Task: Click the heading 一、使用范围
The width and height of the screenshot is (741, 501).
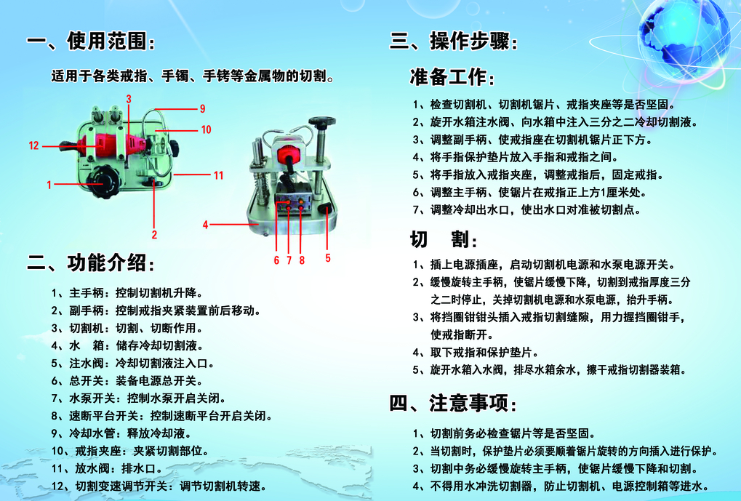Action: [x=91, y=41]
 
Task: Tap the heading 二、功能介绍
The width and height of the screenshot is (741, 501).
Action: [x=91, y=262]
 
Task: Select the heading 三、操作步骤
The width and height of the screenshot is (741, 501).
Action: [x=454, y=41]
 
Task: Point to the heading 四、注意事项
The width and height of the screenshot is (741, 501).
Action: [x=454, y=403]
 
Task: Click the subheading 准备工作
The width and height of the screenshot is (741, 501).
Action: [x=452, y=77]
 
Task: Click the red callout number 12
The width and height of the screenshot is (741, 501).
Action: [x=33, y=145]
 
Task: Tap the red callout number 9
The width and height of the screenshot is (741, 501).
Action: [x=202, y=109]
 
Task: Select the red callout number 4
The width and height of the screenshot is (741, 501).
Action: [x=205, y=225]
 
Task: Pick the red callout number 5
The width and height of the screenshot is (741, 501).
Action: [x=327, y=258]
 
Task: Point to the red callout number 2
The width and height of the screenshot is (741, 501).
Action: [x=154, y=235]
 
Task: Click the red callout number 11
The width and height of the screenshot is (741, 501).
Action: [x=218, y=175]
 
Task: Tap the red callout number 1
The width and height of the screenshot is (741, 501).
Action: [x=49, y=185]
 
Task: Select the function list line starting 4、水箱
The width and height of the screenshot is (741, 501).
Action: [x=127, y=345]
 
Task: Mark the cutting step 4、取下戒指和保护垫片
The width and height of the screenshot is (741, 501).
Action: [x=476, y=352]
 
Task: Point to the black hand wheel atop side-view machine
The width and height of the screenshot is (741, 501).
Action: [x=322, y=122]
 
